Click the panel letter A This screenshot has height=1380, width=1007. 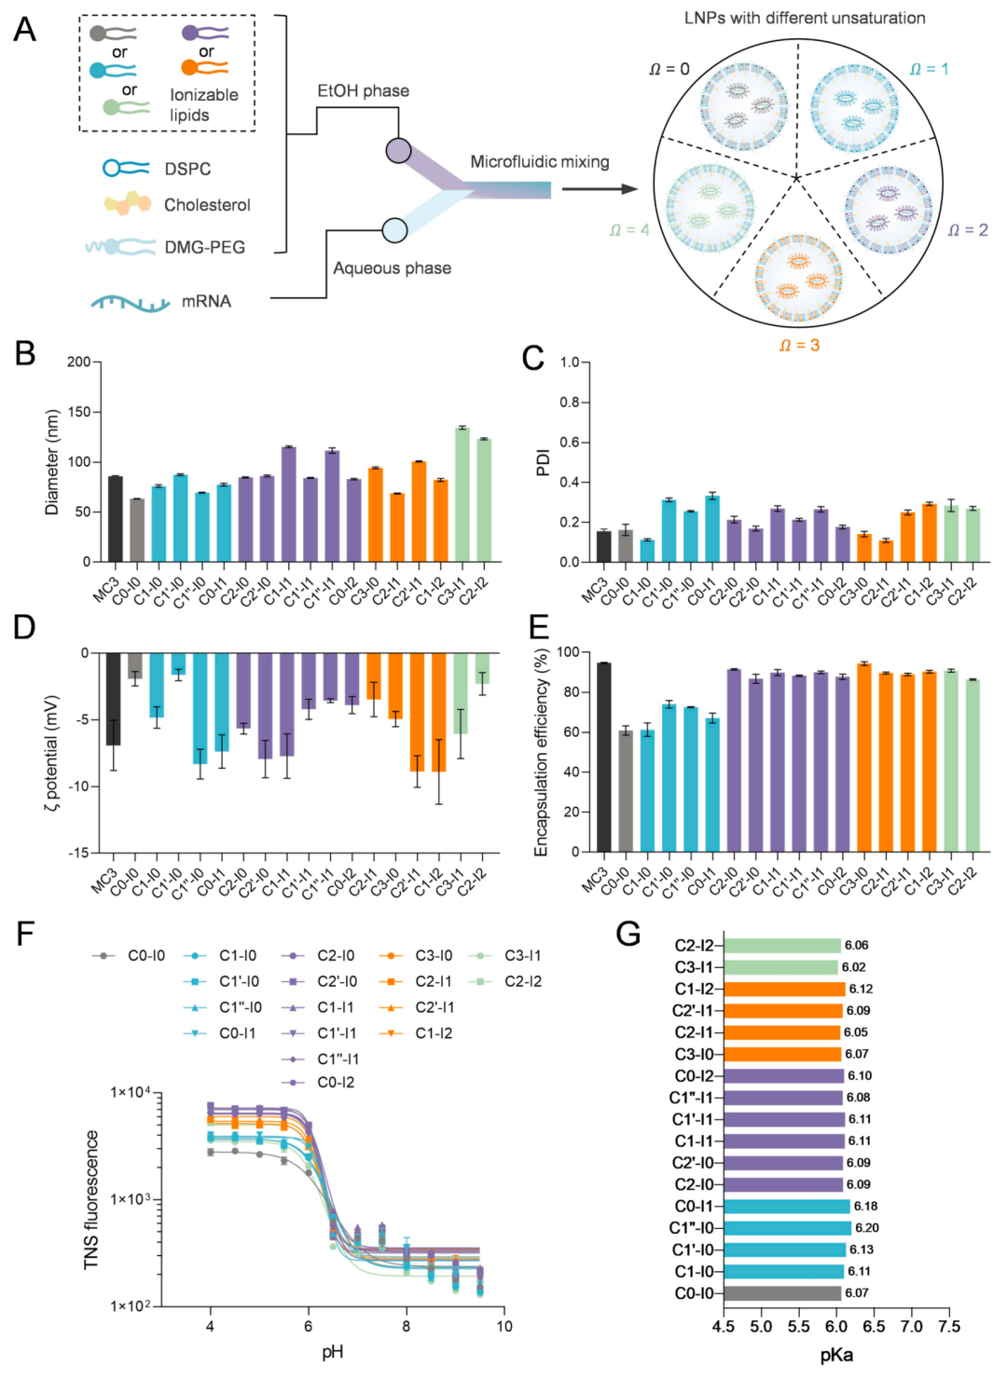[x=25, y=30]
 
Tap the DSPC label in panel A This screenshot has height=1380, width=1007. [x=187, y=169]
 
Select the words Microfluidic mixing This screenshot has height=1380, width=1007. [x=539, y=162]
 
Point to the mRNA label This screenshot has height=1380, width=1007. [x=206, y=301]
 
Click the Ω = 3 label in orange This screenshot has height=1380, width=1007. [x=799, y=346]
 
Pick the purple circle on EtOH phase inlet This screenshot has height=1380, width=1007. [x=398, y=150]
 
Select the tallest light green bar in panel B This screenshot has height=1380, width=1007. [x=462, y=495]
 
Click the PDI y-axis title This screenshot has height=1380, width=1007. [x=543, y=463]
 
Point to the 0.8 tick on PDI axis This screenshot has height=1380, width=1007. [x=569, y=402]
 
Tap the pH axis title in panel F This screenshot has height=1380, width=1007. [x=333, y=1352]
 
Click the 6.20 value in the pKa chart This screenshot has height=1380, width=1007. [x=866, y=1228]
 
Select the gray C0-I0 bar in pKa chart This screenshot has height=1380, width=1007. [x=781, y=1293]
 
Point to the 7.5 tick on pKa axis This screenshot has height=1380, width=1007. [x=949, y=1327]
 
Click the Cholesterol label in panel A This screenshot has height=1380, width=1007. [x=207, y=205]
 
